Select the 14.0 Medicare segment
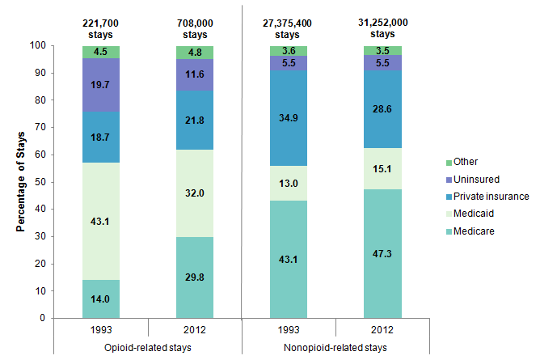click(101, 299)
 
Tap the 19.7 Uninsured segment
click(101, 85)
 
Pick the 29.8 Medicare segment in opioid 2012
click(195, 277)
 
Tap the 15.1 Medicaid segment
click(382, 169)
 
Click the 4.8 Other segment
click(195, 53)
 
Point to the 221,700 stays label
click(101, 30)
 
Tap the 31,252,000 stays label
click(382, 30)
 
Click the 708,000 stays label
click(195, 30)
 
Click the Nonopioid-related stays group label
click(335, 348)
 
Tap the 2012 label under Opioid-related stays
click(195, 330)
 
